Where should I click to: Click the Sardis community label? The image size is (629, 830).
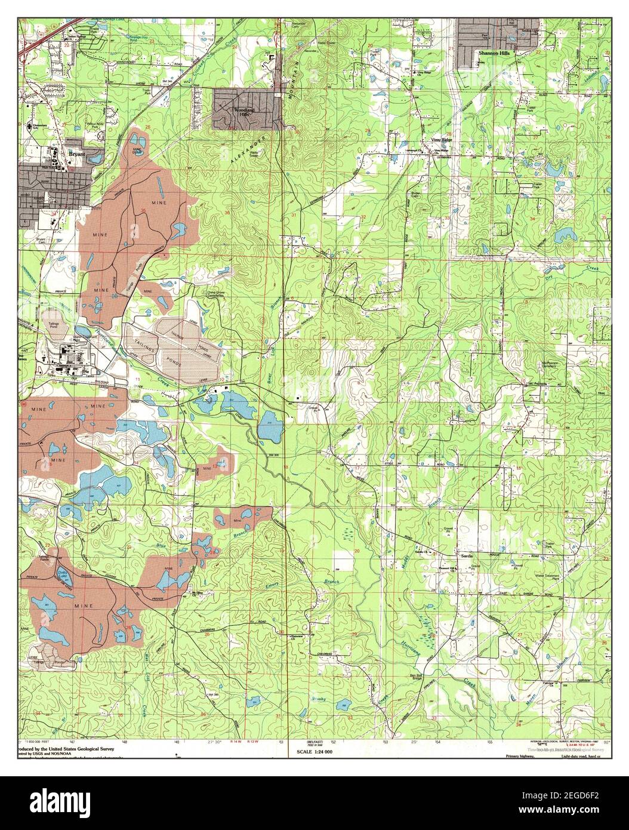click(466, 555)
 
